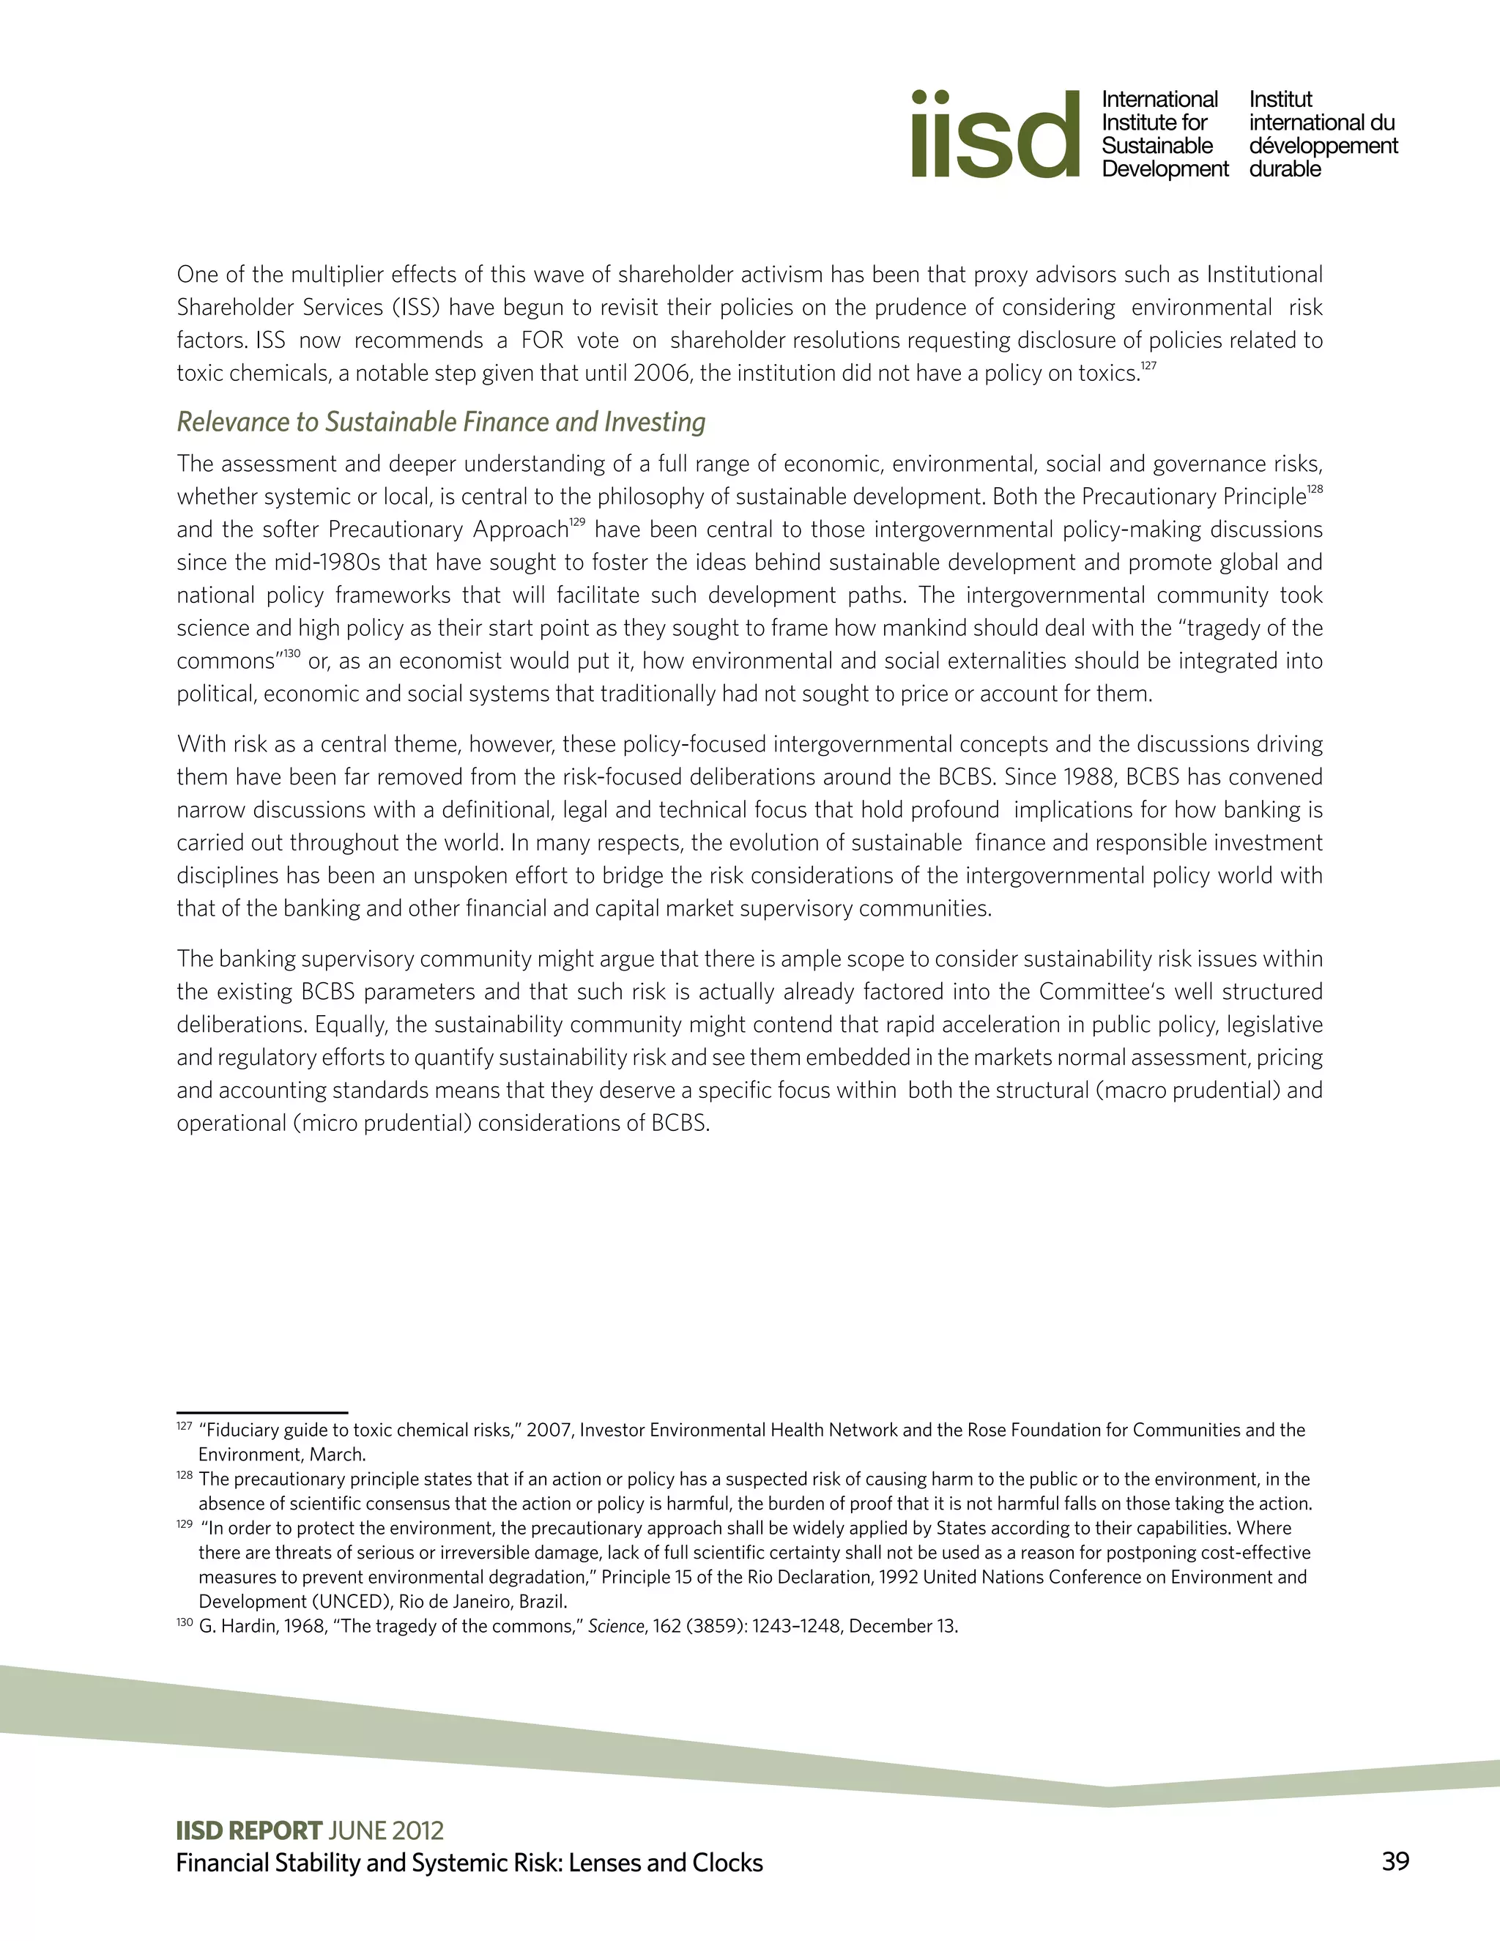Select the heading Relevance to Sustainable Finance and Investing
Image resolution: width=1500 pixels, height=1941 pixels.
[441, 421]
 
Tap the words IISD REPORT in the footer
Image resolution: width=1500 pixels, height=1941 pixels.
[249, 1831]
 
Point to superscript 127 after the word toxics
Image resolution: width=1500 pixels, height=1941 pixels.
[1149, 365]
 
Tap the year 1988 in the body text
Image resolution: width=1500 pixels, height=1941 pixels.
[1087, 776]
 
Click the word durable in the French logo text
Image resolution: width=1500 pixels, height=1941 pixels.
[1284, 169]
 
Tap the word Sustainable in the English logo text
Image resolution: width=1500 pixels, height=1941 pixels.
[1157, 146]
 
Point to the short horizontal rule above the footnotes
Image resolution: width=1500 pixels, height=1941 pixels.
[262, 1411]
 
